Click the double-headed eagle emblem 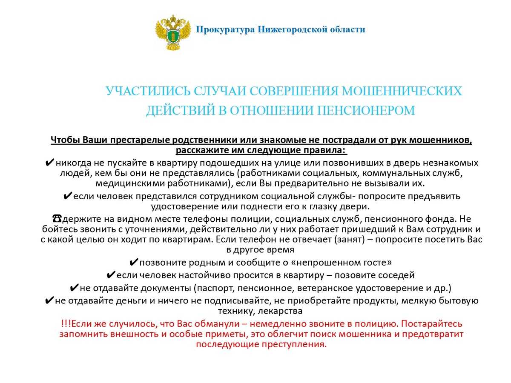[173, 32]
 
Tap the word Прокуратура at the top [225, 29]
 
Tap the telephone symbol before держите [57, 219]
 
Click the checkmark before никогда [49, 163]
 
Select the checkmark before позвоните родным [133, 262]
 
